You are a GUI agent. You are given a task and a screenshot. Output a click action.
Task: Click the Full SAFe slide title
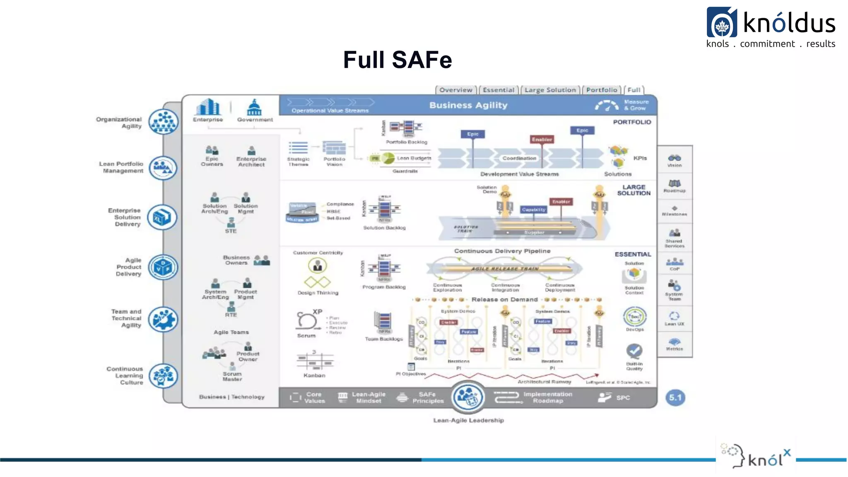pos(397,60)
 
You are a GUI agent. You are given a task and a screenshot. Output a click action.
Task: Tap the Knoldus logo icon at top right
pos(722,23)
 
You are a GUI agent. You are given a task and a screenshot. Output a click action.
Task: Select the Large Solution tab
pos(550,90)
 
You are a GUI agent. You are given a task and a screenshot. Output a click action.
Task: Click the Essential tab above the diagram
pos(498,90)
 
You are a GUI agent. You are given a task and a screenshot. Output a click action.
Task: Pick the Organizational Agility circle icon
pos(164,122)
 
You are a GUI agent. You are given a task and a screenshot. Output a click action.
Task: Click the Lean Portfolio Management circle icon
pos(163,168)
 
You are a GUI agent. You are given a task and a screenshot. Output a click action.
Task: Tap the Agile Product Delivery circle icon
pos(163,267)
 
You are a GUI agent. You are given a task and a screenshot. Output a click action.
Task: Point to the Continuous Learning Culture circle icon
pos(163,376)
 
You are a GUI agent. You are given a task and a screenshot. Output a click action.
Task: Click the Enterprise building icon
pos(208,107)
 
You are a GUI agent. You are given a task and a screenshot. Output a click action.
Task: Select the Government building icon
pos(254,107)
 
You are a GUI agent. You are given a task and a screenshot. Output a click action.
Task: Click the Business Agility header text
pos(468,105)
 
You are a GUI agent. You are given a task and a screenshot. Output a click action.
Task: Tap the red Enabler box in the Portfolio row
pos(542,140)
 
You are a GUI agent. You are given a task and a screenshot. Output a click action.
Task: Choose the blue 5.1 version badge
pos(675,397)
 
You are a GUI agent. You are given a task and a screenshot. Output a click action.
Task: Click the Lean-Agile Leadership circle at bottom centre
pos(468,397)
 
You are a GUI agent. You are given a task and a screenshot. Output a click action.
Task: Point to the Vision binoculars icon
pos(675,158)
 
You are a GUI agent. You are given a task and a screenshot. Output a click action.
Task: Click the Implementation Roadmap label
pos(547,397)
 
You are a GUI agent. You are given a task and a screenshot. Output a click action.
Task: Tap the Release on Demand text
pos(504,299)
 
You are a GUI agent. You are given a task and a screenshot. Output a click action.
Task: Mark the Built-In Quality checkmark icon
pos(634,351)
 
